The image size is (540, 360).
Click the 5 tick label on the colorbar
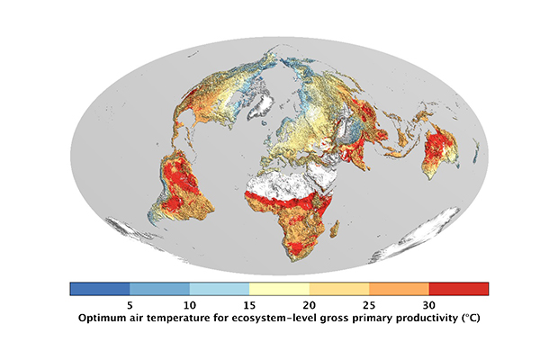[x=130, y=304]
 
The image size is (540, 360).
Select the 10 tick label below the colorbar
[x=190, y=304]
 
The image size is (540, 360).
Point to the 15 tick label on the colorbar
[x=249, y=304]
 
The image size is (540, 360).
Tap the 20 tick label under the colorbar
[x=309, y=304]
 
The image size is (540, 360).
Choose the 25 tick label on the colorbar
[x=369, y=304]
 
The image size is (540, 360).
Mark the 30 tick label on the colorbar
[x=428, y=304]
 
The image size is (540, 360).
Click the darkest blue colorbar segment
[x=100, y=289]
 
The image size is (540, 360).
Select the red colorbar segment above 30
[x=458, y=289]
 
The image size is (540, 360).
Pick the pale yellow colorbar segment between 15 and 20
[x=279, y=289]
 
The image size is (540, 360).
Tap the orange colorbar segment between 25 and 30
[x=399, y=289]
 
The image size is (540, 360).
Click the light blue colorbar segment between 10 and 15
[x=220, y=289]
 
